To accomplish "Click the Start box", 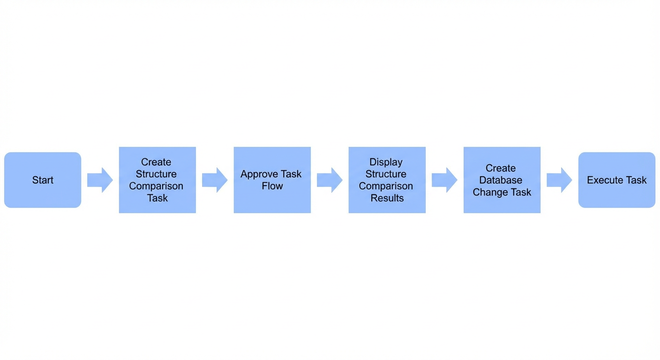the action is [x=43, y=180].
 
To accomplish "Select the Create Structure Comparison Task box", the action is [x=157, y=180].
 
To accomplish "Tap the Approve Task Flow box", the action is [x=272, y=180].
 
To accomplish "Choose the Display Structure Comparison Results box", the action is [x=387, y=180].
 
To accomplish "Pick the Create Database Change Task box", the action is [x=502, y=180].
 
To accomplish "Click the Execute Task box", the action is [x=617, y=180].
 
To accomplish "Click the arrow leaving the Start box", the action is [x=100, y=180].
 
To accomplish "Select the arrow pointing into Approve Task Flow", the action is [x=215, y=180].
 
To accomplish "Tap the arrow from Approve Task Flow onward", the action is [x=330, y=180].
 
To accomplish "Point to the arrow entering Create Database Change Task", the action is [x=445, y=180].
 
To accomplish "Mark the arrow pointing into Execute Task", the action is [x=560, y=180].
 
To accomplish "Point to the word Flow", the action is [x=272, y=186].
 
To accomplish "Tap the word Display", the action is [x=386, y=162].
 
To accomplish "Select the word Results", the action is [x=387, y=198].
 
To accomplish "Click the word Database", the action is [x=501, y=180].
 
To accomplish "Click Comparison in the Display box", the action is [x=386, y=186].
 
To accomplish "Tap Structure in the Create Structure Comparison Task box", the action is [x=156, y=174].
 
